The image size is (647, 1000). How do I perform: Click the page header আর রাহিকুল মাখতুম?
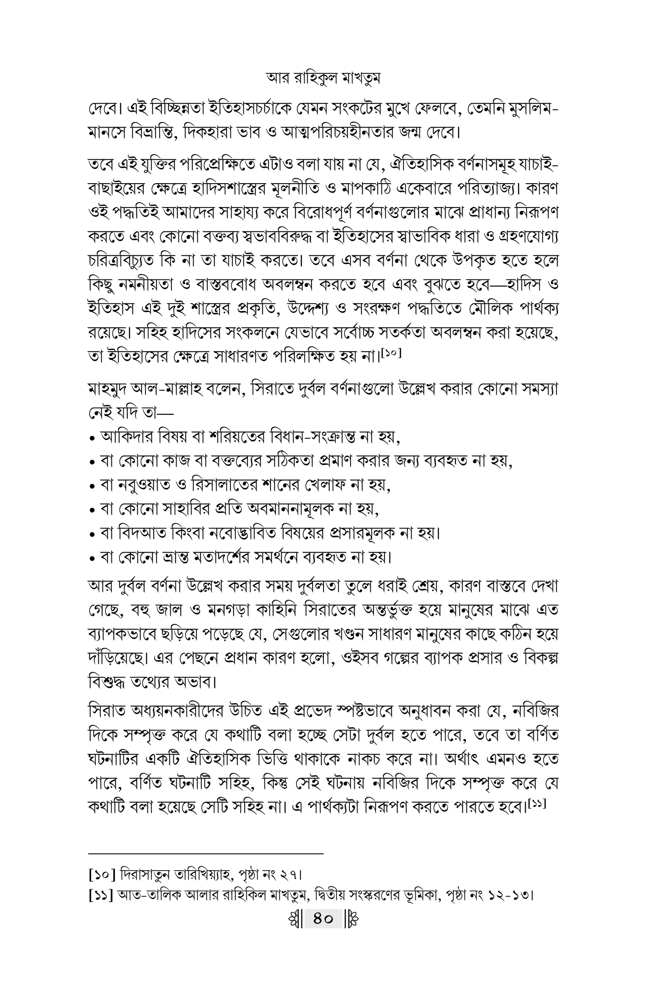click(323, 78)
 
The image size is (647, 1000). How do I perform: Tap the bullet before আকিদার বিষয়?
click(92, 439)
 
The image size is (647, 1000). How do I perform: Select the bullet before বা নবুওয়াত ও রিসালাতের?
click(92, 487)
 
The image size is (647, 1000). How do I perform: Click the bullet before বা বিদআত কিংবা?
click(92, 535)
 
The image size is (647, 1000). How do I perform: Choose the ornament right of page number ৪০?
click(351, 919)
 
